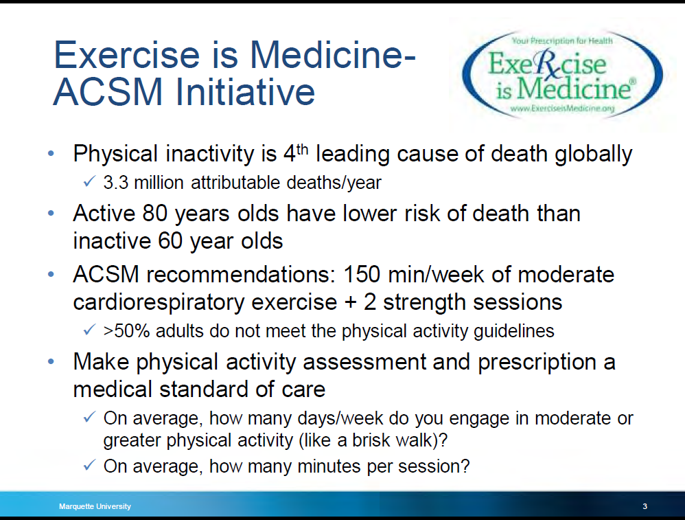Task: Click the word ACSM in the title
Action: coord(108,92)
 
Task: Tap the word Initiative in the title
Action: coord(245,92)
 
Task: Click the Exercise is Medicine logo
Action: coord(562,75)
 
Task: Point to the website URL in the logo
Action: coord(562,108)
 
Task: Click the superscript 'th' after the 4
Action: coord(302,150)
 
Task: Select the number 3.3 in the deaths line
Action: coord(116,182)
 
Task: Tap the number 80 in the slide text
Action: coord(155,214)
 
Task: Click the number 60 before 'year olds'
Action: coord(170,241)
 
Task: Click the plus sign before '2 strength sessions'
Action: coord(350,303)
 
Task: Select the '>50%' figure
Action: coord(127,331)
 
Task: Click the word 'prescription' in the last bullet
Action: coord(537,363)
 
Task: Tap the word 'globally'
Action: coord(593,155)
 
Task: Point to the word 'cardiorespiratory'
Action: coord(159,303)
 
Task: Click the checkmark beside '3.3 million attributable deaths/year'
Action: coord(89,181)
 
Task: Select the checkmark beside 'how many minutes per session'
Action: coord(89,465)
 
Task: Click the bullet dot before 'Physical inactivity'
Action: coord(51,153)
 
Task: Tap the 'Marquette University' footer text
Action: coord(95,506)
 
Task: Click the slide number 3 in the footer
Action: coord(645,506)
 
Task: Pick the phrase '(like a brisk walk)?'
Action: coord(373,440)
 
